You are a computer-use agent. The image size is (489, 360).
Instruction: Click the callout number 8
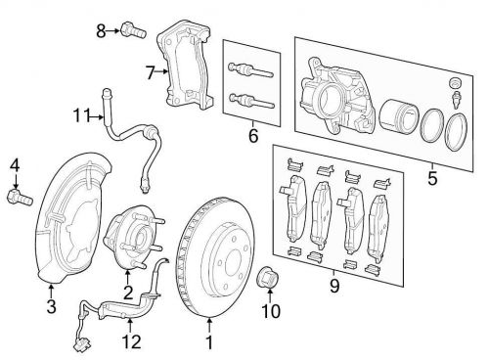(x=101, y=31)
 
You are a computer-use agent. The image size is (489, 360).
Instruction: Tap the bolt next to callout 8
(x=133, y=30)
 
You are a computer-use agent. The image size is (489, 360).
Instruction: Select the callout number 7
(x=150, y=72)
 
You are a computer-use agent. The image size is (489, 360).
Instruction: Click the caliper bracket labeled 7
(x=185, y=66)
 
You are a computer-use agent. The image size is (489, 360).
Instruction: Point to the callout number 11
(x=81, y=115)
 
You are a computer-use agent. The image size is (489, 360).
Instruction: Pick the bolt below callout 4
(x=20, y=197)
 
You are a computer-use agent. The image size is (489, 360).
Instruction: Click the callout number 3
(x=51, y=306)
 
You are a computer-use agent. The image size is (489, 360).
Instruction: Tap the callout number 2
(x=128, y=292)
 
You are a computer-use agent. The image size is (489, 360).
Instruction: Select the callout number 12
(x=131, y=341)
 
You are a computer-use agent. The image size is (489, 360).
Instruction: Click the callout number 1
(x=209, y=342)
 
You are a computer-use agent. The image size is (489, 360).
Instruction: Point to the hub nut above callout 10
(x=268, y=277)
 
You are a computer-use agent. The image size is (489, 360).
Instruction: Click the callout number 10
(x=271, y=311)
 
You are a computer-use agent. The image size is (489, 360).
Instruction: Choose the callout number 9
(x=334, y=286)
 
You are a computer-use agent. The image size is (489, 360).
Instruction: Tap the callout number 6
(x=253, y=135)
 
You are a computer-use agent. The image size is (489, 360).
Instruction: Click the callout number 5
(x=432, y=178)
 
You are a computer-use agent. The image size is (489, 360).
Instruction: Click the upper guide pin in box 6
(x=250, y=70)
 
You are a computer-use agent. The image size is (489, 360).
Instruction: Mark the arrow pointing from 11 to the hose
(x=97, y=116)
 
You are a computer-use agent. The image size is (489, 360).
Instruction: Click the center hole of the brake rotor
(x=234, y=263)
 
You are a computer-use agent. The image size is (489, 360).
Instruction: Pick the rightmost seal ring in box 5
(x=457, y=132)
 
